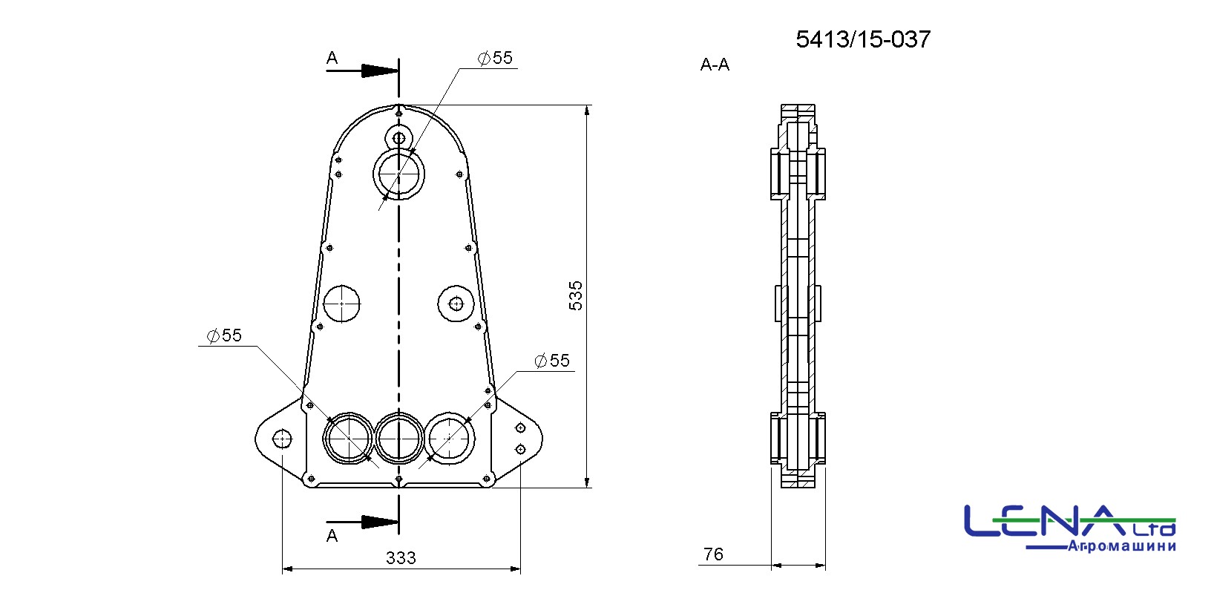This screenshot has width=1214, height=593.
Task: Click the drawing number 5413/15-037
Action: pyautogui.click(x=863, y=39)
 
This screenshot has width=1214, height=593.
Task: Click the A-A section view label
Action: pyautogui.click(x=715, y=65)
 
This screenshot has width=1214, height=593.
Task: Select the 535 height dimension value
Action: pyautogui.click(x=576, y=295)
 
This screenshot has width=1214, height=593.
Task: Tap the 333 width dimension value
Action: pyautogui.click(x=401, y=557)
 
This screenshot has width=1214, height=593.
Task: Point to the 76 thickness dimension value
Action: pyautogui.click(x=713, y=554)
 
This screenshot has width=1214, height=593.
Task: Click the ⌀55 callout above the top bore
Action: pyautogui.click(x=495, y=58)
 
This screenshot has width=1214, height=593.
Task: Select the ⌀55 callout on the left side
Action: pyautogui.click(x=224, y=335)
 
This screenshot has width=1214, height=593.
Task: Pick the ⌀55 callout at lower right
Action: pyautogui.click(x=552, y=361)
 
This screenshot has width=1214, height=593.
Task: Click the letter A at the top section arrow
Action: pyautogui.click(x=332, y=58)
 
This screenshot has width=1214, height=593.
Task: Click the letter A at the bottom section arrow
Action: pyautogui.click(x=332, y=536)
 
